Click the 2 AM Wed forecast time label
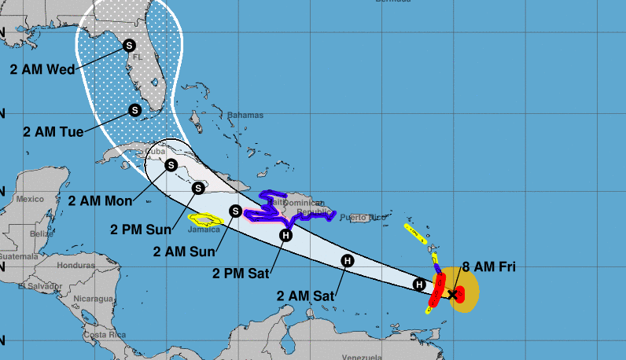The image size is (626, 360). pyautogui.click(x=42, y=69)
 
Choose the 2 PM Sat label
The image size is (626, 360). pyautogui.click(x=241, y=274)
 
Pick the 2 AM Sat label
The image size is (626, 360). pyautogui.click(x=305, y=296)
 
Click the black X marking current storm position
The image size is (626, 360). pyautogui.click(x=452, y=294)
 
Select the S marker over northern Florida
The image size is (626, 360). pyautogui.click(x=129, y=46)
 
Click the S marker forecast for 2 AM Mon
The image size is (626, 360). pyautogui.click(x=171, y=165)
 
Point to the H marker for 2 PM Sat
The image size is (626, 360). pyautogui.click(x=285, y=235)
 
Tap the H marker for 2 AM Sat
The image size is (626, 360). pyautogui.click(x=347, y=261)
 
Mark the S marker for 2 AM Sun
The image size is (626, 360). pyautogui.click(x=235, y=210)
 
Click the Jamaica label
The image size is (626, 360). pyautogui.click(x=204, y=230)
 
